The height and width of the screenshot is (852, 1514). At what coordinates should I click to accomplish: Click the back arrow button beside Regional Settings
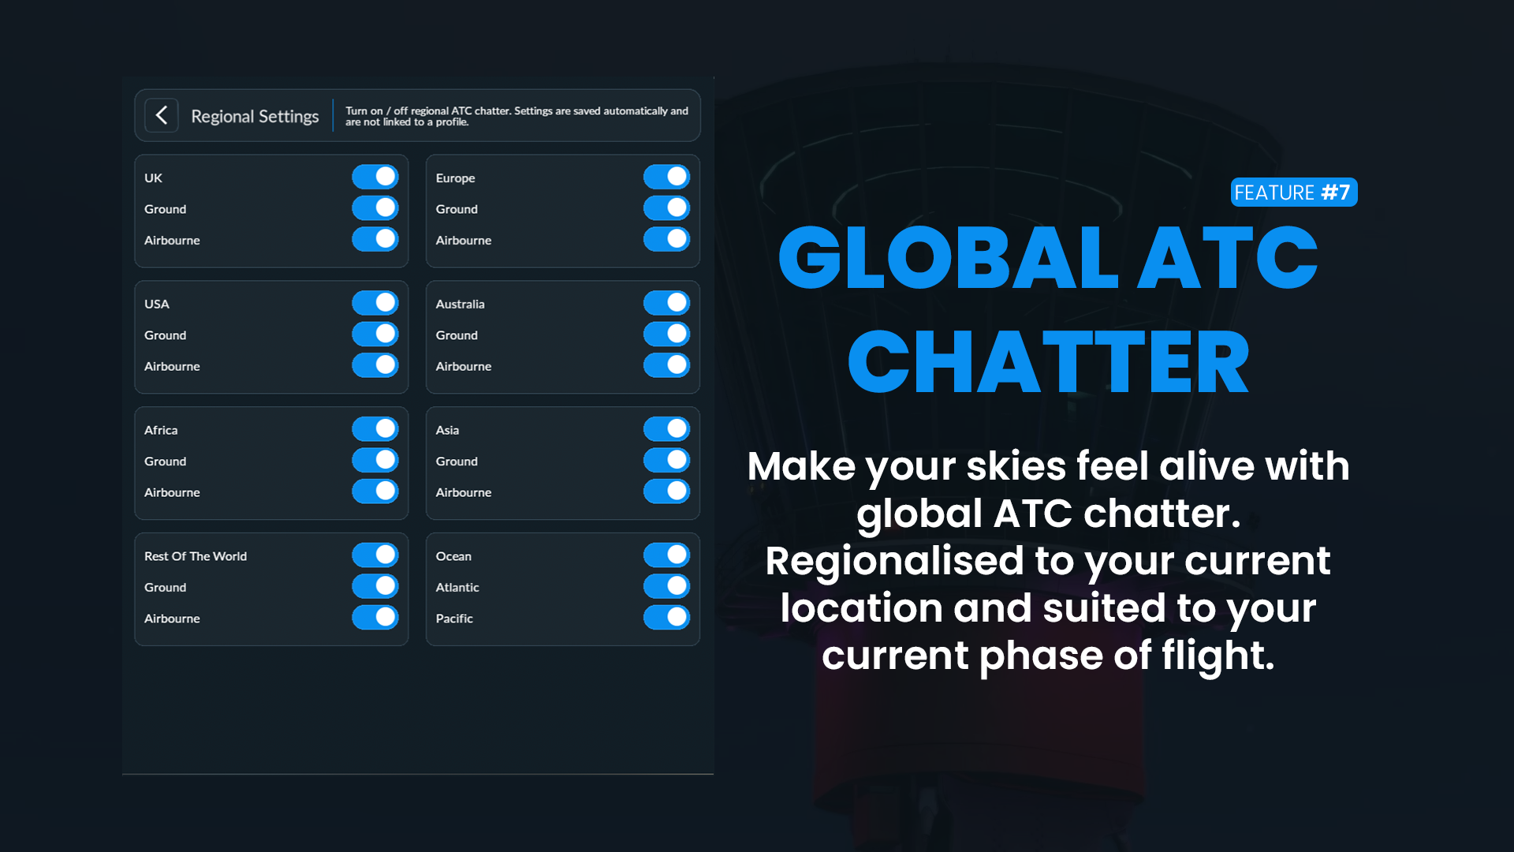[162, 115]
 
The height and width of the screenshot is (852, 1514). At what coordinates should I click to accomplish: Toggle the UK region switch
[375, 177]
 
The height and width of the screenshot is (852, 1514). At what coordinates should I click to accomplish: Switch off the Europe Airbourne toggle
[667, 239]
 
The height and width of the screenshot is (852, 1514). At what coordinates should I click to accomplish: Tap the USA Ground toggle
[375, 334]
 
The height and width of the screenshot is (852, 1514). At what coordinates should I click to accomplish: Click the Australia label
[461, 304]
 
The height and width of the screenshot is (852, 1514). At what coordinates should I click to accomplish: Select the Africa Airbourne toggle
[375, 491]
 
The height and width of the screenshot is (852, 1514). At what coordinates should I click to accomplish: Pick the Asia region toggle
[667, 428]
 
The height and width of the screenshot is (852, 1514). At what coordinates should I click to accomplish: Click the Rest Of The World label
[196, 556]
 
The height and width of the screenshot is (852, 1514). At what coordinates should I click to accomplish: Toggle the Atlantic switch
[667, 586]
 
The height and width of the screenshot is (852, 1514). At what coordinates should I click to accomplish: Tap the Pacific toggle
[667, 617]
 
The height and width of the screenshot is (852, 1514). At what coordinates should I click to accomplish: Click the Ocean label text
[453, 556]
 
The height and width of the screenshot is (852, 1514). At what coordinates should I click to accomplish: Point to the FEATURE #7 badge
[1294, 192]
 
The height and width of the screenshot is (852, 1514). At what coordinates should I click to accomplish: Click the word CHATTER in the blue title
[1049, 363]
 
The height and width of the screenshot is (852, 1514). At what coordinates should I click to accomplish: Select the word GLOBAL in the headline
[949, 258]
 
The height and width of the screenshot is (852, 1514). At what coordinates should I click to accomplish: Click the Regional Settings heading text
[255, 116]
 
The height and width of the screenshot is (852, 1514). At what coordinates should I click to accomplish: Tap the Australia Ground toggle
[667, 334]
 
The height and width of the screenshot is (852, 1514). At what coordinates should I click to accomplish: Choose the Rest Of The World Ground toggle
[375, 586]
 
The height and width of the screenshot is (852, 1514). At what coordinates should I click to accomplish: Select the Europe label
[456, 178]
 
